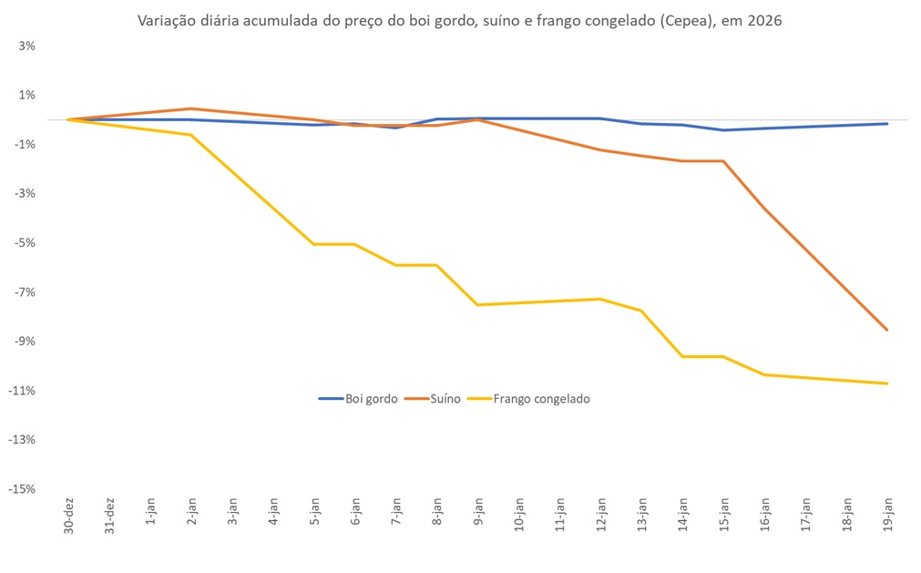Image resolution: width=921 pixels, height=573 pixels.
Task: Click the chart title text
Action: click(x=459, y=20)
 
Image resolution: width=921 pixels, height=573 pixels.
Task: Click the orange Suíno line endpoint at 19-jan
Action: click(x=887, y=330)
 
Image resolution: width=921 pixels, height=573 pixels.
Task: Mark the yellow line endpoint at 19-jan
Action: click(x=887, y=384)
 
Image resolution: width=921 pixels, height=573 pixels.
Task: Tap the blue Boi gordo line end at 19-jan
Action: click(x=887, y=124)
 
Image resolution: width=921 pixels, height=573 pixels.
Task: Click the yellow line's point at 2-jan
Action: click(x=190, y=135)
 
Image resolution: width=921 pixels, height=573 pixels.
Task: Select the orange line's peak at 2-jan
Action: click(x=190, y=108)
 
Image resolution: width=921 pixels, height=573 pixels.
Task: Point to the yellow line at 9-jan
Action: click(x=477, y=304)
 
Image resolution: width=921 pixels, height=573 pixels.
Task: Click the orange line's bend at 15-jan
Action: click(x=723, y=161)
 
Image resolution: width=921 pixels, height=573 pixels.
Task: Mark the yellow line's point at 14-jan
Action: click(x=682, y=356)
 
